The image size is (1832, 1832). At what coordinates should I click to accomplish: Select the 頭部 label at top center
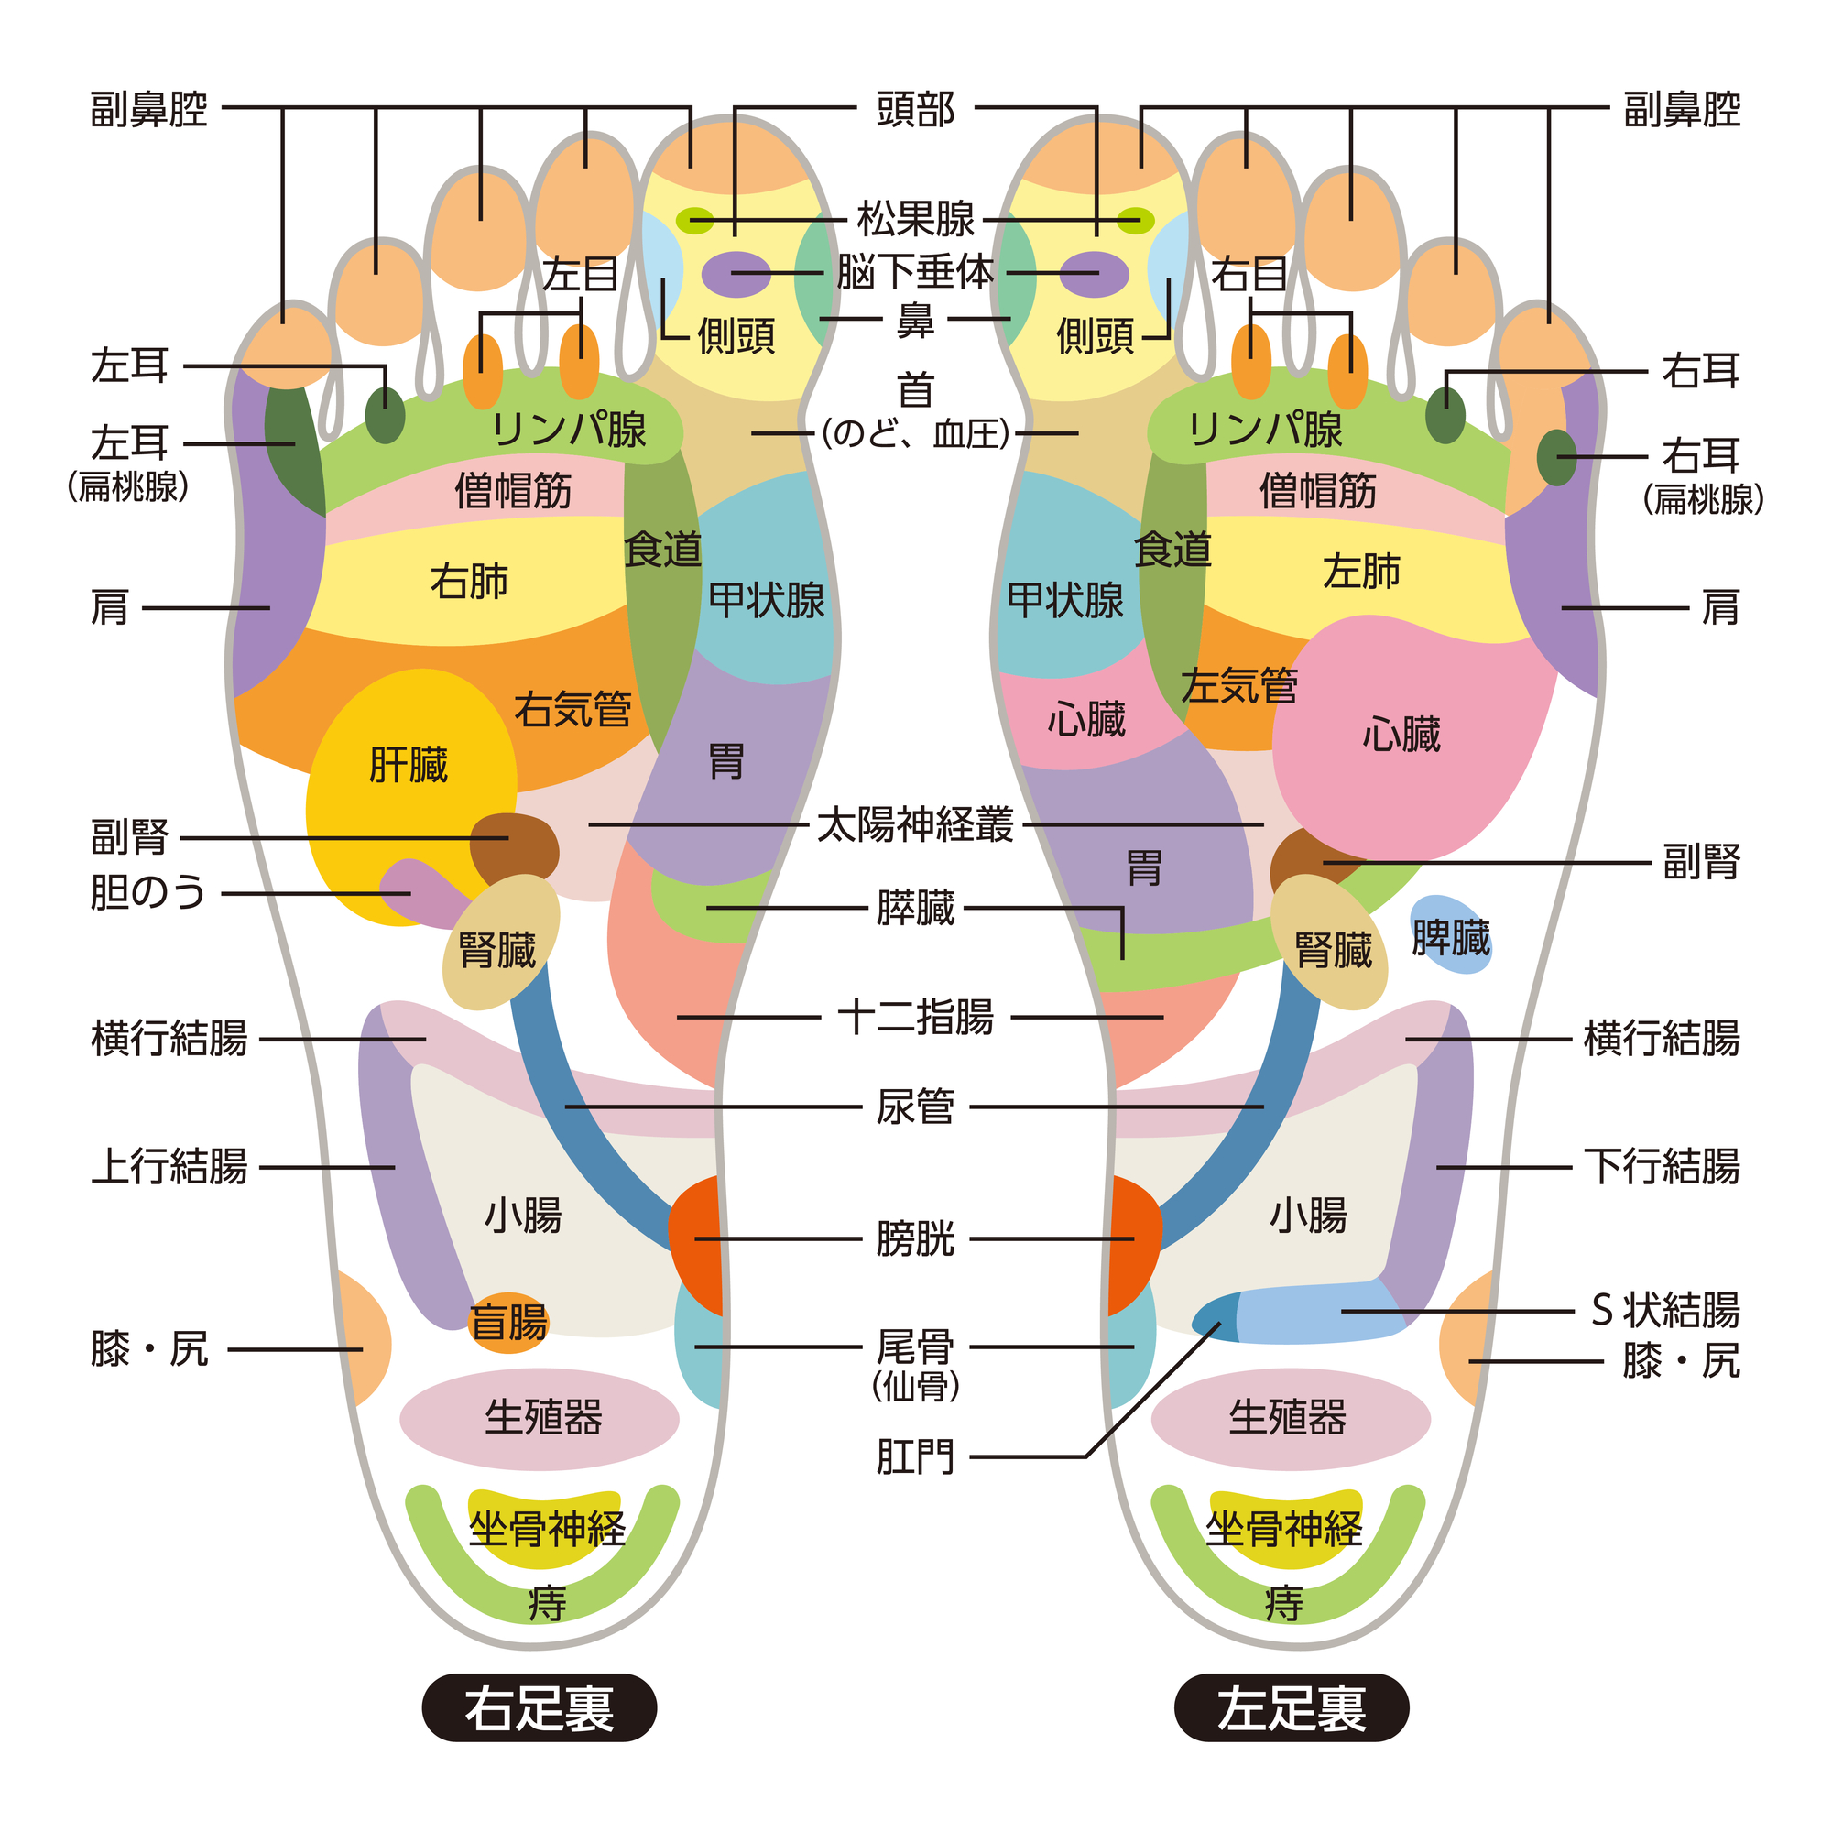point(915,109)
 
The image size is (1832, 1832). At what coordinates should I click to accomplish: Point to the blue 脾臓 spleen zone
point(1450,934)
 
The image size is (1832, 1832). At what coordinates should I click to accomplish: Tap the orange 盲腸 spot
point(509,1322)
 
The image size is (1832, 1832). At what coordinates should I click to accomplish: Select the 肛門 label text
point(915,1456)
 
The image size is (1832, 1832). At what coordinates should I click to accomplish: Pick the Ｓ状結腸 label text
point(1665,1312)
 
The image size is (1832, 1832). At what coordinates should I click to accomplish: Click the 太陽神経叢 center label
point(915,825)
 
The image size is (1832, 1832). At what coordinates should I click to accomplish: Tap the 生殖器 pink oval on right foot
point(539,1419)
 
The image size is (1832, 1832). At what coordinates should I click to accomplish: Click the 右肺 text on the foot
point(468,581)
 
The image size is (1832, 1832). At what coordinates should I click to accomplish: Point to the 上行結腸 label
point(169,1166)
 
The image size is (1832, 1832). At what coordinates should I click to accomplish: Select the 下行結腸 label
point(1663,1166)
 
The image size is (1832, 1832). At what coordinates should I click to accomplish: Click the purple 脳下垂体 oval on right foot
point(736,275)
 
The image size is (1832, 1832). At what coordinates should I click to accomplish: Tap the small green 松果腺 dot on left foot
point(1135,221)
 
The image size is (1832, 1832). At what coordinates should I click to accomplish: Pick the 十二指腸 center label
point(915,1018)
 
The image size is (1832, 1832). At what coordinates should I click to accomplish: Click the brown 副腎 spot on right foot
point(514,849)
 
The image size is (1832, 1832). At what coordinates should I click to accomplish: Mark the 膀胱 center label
point(915,1238)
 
